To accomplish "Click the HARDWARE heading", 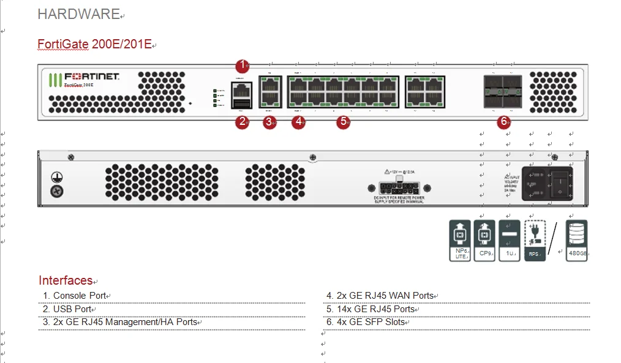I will click(78, 14).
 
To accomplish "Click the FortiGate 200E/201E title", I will click(94, 44).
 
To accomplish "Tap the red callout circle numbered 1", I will click(243, 65).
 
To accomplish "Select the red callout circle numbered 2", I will click(243, 122).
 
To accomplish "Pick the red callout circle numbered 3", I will click(269, 122).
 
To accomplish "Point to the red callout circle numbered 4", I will click(298, 122).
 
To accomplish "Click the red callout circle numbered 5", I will click(344, 122).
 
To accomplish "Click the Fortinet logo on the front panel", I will click(84, 77).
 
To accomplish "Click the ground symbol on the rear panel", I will click(56, 178).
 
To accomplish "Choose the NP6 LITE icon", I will click(460, 241).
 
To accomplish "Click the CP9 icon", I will click(484, 241).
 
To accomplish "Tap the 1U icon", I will click(510, 241).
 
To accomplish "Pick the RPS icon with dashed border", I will click(535, 241).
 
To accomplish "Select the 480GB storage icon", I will click(577, 241).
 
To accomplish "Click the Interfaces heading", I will click(65, 280).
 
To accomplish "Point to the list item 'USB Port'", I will click(72, 309).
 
